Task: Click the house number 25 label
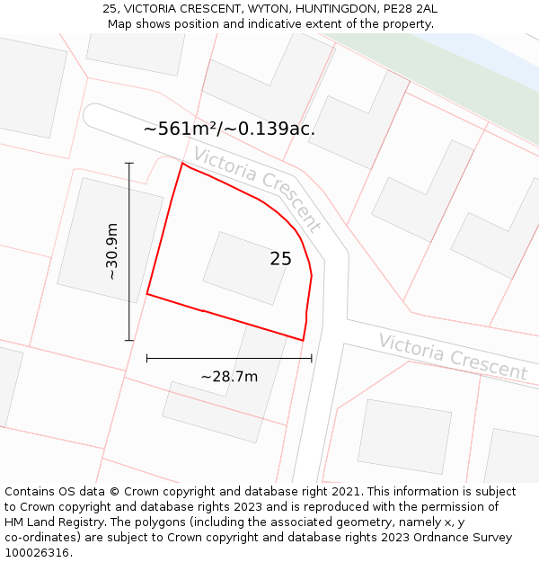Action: point(280,259)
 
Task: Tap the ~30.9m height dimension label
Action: point(111,252)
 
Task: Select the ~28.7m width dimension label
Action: point(229,377)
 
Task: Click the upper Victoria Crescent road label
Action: point(257,189)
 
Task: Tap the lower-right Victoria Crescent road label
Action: point(452,356)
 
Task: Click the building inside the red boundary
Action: point(245,268)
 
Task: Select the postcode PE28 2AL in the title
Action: point(408,9)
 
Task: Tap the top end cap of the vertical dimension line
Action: point(129,163)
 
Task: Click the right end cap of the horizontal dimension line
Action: point(312,358)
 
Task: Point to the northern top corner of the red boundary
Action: point(183,164)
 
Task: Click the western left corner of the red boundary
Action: point(147,293)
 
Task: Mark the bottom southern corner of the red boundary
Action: point(303,340)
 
